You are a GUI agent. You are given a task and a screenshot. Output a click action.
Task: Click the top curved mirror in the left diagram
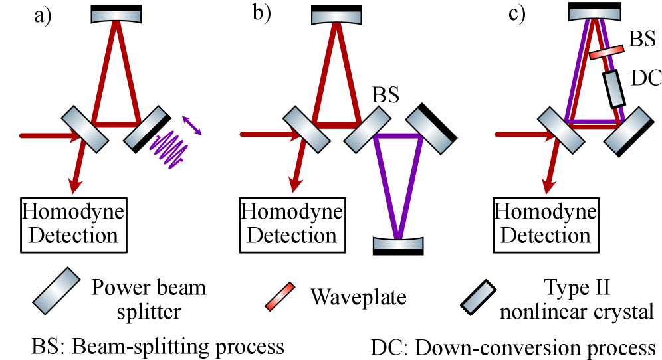[116, 16]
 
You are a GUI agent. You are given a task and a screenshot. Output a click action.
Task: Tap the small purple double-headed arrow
[192, 126]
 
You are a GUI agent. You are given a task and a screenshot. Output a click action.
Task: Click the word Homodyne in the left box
[73, 213]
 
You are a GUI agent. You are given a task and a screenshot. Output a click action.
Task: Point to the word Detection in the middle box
[292, 236]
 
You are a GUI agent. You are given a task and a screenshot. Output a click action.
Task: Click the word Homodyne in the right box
[546, 213]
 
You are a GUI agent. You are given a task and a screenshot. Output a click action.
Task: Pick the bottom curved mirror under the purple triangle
[397, 244]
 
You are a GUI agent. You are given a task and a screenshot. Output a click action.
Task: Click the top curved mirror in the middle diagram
[336, 17]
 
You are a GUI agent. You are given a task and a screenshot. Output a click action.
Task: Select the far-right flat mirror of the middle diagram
[429, 130]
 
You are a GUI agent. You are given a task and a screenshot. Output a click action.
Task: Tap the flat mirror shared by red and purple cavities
[368, 130]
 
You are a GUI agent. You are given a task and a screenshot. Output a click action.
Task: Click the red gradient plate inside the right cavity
[606, 52]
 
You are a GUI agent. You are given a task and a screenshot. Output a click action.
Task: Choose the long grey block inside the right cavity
[614, 89]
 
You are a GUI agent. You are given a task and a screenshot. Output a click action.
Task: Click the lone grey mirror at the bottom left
[56, 290]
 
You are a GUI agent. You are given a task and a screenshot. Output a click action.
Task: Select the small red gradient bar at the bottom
[280, 296]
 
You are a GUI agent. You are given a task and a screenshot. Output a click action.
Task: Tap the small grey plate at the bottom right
[479, 297]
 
